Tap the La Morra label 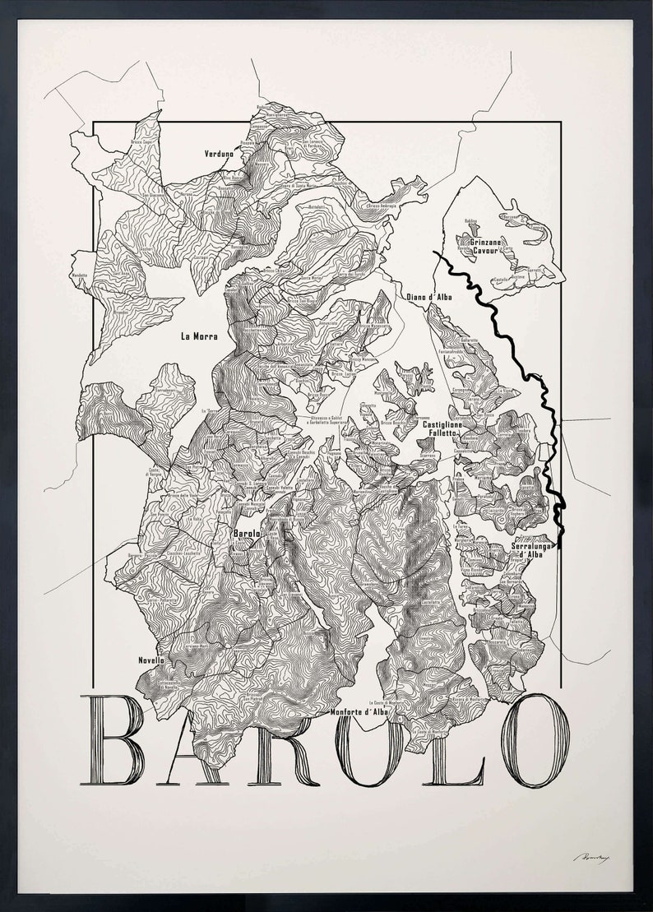pos(197,336)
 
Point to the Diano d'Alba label pos(428,298)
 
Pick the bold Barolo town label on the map pos(247,535)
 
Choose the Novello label pos(151,660)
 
